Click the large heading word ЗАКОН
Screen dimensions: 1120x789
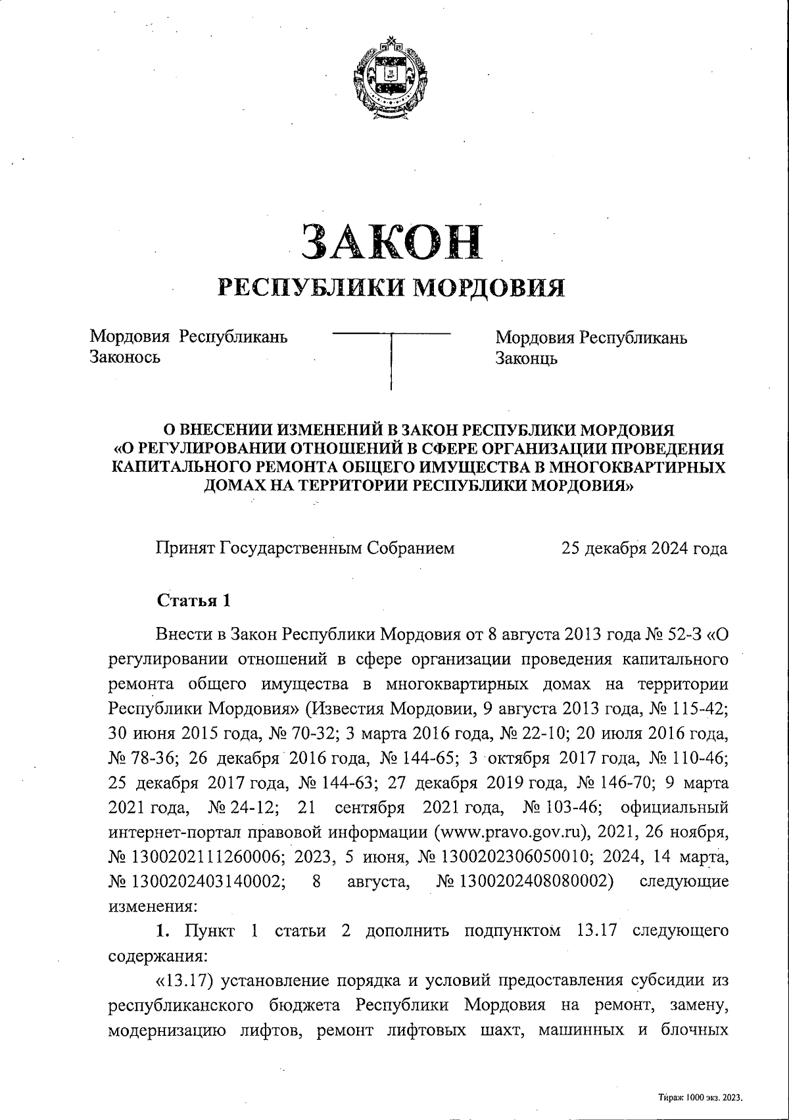click(x=392, y=241)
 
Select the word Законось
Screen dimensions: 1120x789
click(x=125, y=358)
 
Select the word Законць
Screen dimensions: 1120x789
click(x=527, y=358)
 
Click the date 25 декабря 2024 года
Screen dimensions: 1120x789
click(x=644, y=548)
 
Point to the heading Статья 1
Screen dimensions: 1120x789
click(x=193, y=601)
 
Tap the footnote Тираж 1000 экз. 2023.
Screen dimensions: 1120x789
click(x=700, y=1097)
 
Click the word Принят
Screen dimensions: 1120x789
click(x=185, y=548)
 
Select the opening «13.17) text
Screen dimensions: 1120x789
click(x=187, y=981)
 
